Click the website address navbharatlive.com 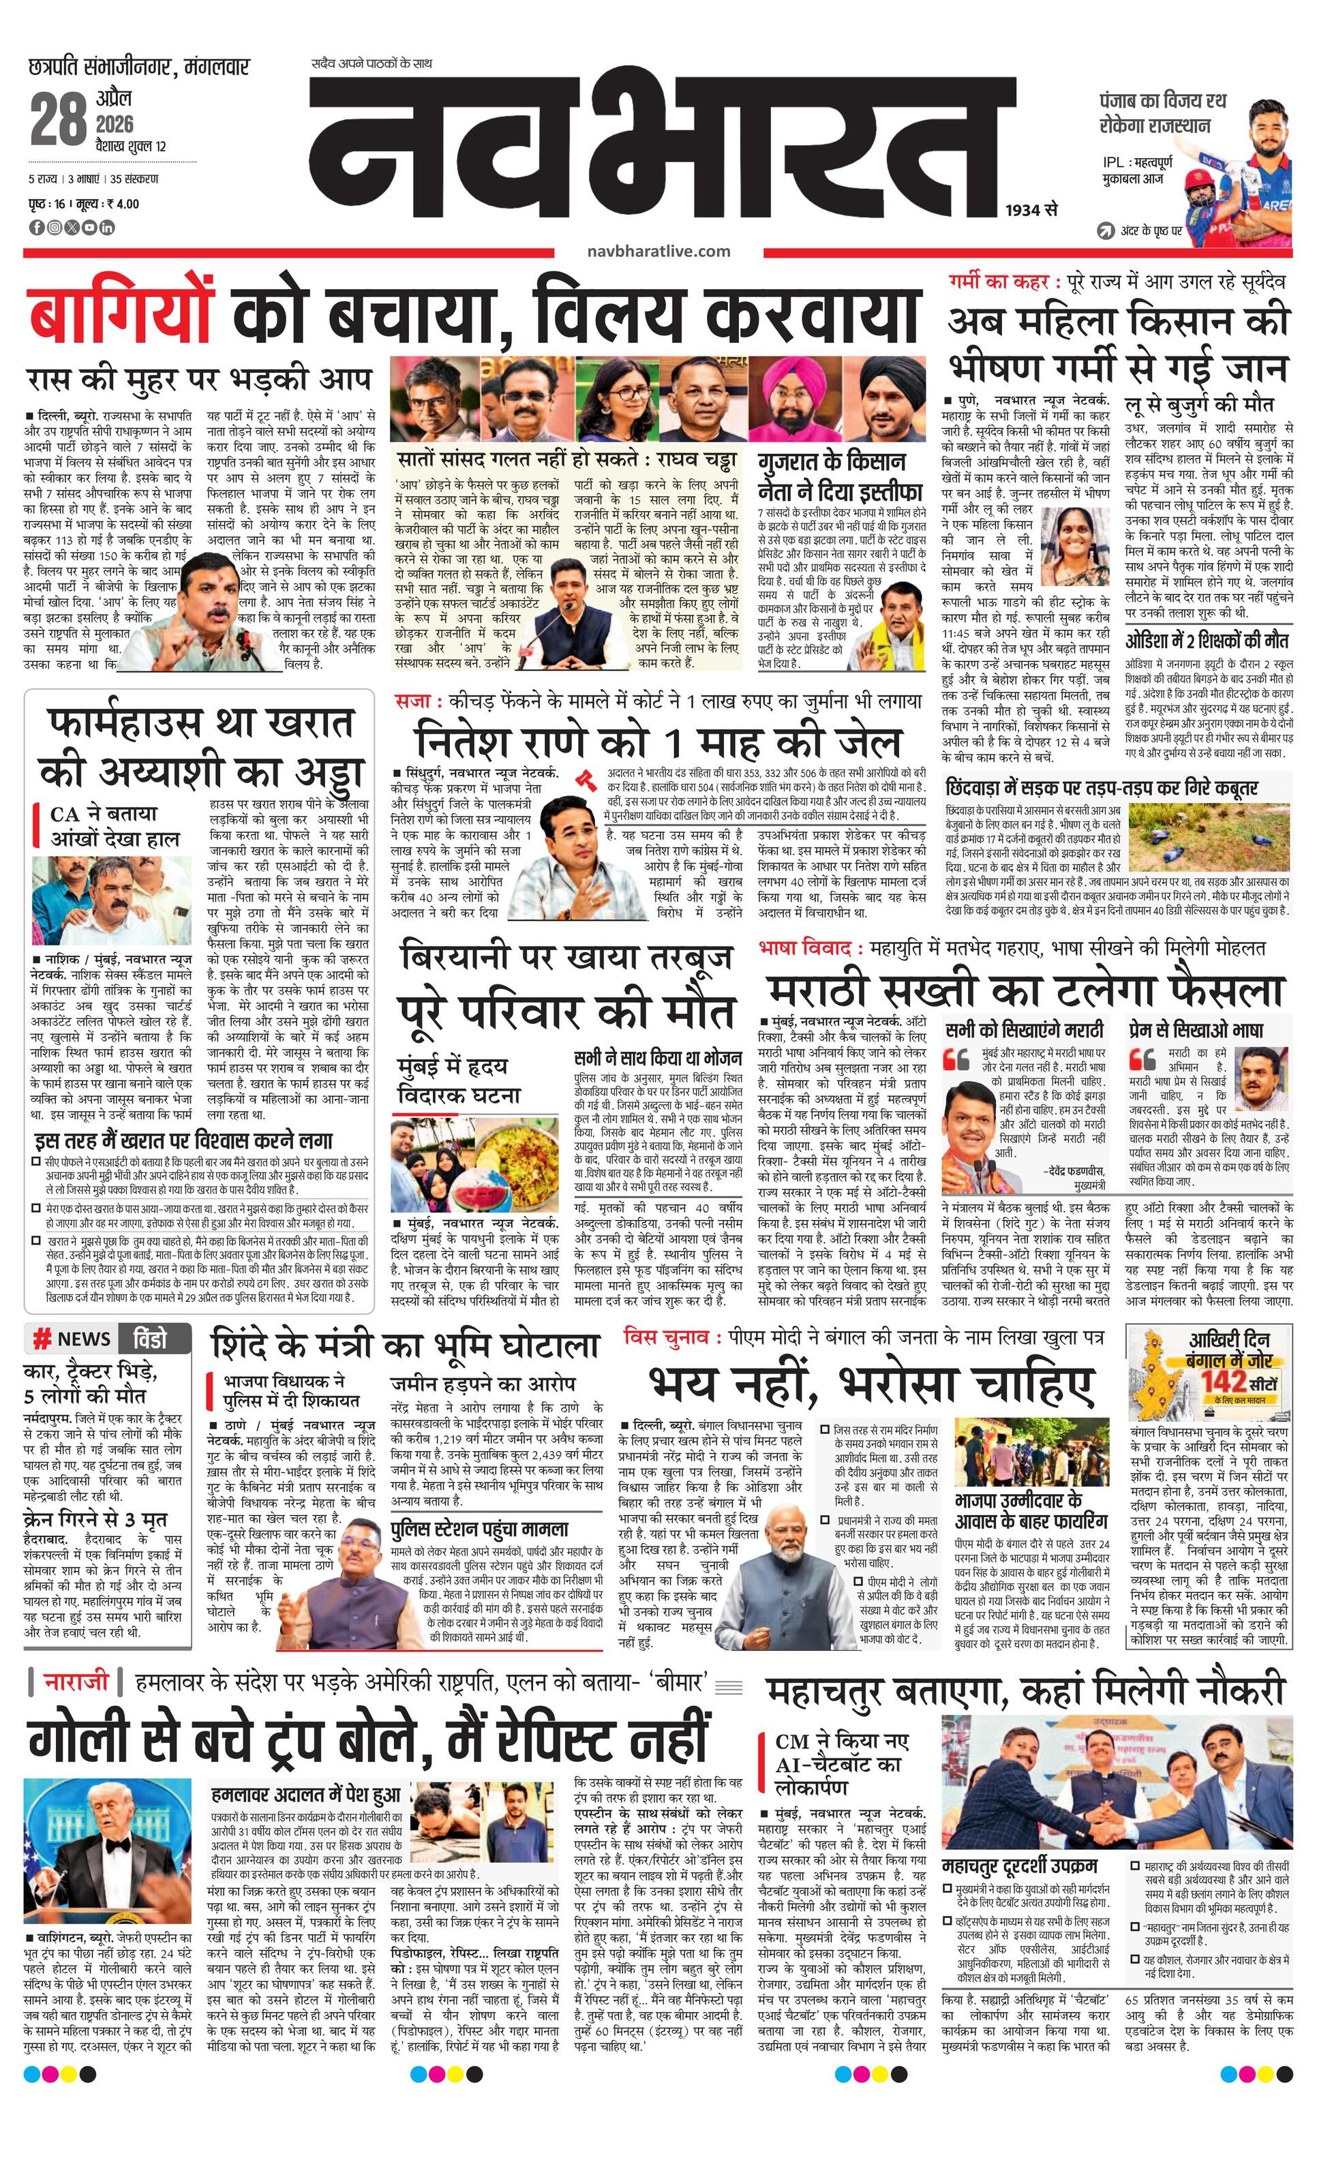click(x=659, y=251)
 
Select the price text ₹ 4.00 click(x=122, y=204)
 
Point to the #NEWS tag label click(x=72, y=1338)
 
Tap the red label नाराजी click(x=76, y=1681)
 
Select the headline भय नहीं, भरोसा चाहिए click(x=871, y=1384)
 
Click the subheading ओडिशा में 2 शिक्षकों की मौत click(x=1207, y=639)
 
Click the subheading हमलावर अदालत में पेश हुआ click(x=305, y=1770)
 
